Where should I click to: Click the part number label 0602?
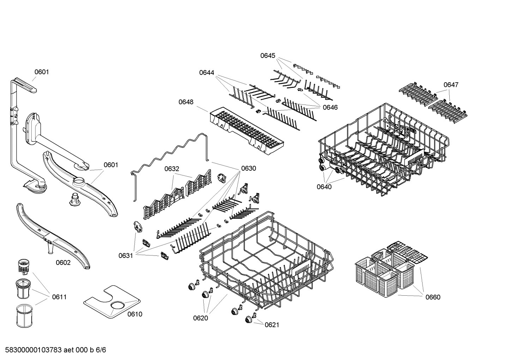click(63, 262)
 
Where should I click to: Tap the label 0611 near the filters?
click(59, 297)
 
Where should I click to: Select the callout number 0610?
click(135, 314)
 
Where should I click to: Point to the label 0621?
click(272, 325)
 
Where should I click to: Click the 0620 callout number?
click(200, 318)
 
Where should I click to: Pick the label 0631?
click(126, 255)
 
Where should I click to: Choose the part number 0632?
click(172, 169)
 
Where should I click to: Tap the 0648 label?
click(186, 102)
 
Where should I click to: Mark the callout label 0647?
click(451, 85)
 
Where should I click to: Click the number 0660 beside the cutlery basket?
click(433, 297)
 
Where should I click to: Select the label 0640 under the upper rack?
click(324, 187)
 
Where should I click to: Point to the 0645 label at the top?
click(268, 56)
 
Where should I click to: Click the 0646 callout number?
click(330, 107)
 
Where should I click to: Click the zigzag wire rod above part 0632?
click(169, 152)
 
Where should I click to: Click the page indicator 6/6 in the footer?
click(101, 350)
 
